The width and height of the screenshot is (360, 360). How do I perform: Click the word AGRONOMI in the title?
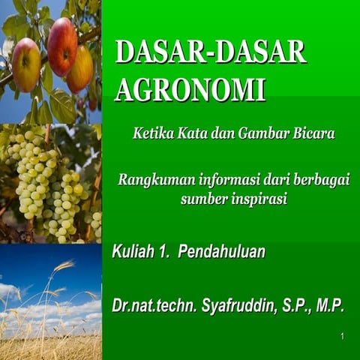point(190,89)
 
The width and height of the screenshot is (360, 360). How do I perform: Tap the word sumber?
point(200,199)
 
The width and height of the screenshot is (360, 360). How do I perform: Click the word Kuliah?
point(132,252)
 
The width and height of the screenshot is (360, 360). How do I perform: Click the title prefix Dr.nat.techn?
point(154,306)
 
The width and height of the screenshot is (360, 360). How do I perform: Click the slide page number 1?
point(342,336)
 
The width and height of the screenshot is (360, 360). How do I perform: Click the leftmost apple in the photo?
point(25,64)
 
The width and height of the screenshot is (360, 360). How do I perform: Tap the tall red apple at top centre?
point(62,46)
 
